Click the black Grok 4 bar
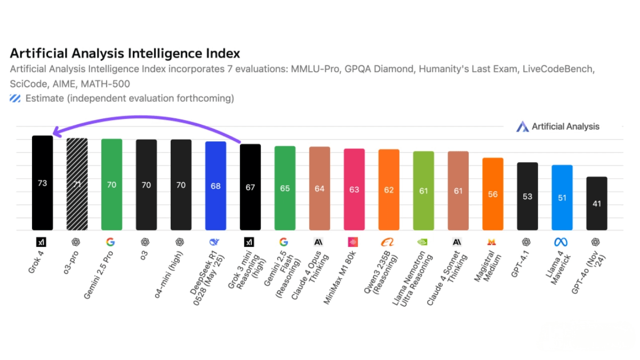tap(42, 183)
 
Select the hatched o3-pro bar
tap(77, 184)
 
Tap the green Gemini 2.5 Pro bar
tap(111, 185)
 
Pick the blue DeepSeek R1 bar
tap(215, 186)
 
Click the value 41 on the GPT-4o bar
tap(597, 203)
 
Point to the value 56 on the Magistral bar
tap(493, 194)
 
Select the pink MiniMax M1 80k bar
tap(354, 189)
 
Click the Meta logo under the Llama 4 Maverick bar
tap(561, 242)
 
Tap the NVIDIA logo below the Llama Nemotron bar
tap(422, 242)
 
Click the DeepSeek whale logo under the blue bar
tap(214, 242)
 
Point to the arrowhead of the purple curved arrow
tap(53, 135)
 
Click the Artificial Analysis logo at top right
tap(558, 126)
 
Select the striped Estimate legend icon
tap(15, 98)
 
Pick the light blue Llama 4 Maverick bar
tap(562, 197)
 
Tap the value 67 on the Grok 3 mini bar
tap(250, 187)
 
